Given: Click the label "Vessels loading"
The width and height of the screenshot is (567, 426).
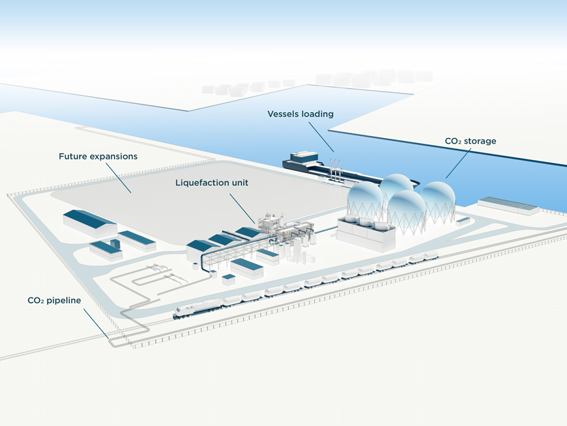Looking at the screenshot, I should [300, 114].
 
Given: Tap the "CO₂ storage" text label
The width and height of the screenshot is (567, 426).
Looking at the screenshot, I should [471, 141].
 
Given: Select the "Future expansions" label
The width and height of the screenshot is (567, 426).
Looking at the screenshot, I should [98, 157].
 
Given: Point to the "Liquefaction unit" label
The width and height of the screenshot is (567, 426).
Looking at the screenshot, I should [212, 183].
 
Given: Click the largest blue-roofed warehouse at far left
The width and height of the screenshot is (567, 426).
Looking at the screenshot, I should [89, 222].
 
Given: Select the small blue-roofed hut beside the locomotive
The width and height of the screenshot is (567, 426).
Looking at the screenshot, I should [229, 280].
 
